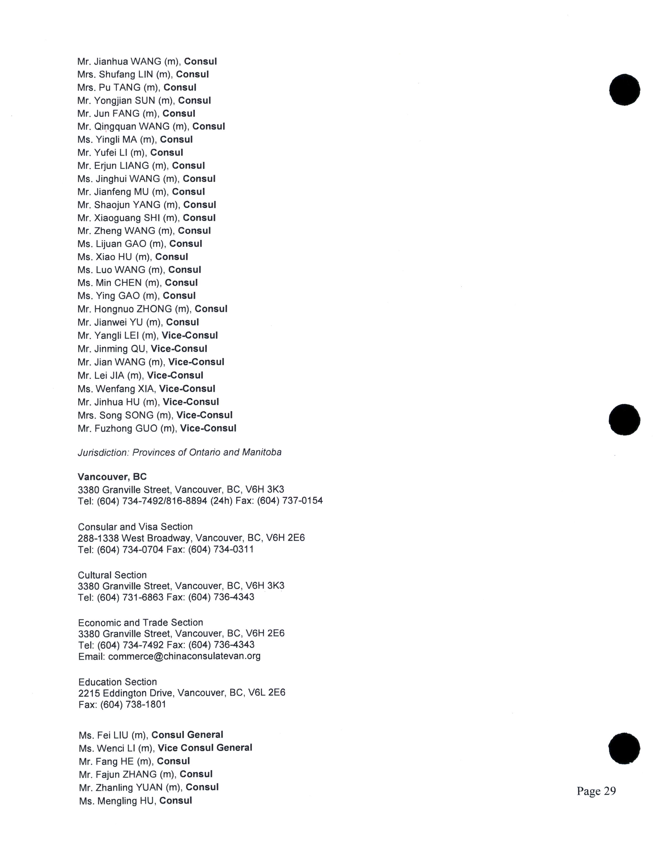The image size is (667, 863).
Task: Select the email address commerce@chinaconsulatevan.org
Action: coord(184,656)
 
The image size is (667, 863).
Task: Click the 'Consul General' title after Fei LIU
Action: coord(187,735)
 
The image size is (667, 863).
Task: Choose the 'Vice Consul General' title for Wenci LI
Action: coord(205,748)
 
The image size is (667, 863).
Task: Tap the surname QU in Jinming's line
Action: coord(140,349)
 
